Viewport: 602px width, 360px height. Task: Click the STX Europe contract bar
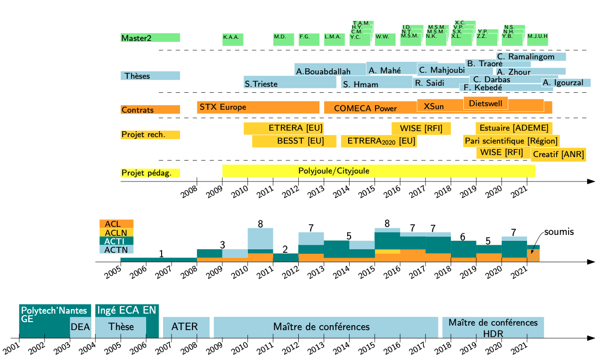258,107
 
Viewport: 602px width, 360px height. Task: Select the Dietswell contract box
486,103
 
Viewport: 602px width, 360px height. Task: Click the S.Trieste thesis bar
290,83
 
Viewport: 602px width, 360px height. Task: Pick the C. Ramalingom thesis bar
531,57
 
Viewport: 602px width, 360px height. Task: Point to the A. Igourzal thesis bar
566,83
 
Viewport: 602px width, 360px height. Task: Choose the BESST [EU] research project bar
294,141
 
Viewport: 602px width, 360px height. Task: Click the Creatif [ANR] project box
558,154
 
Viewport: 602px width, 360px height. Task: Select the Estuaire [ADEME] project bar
514,128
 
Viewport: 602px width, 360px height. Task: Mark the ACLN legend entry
116,232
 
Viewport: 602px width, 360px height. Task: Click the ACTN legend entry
116,249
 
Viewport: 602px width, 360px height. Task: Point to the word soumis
559,232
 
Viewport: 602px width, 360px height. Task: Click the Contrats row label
150,110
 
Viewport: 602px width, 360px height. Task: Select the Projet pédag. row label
150,173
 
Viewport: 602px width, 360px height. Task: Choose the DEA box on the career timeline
80,327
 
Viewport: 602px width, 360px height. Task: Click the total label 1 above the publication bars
161,254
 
